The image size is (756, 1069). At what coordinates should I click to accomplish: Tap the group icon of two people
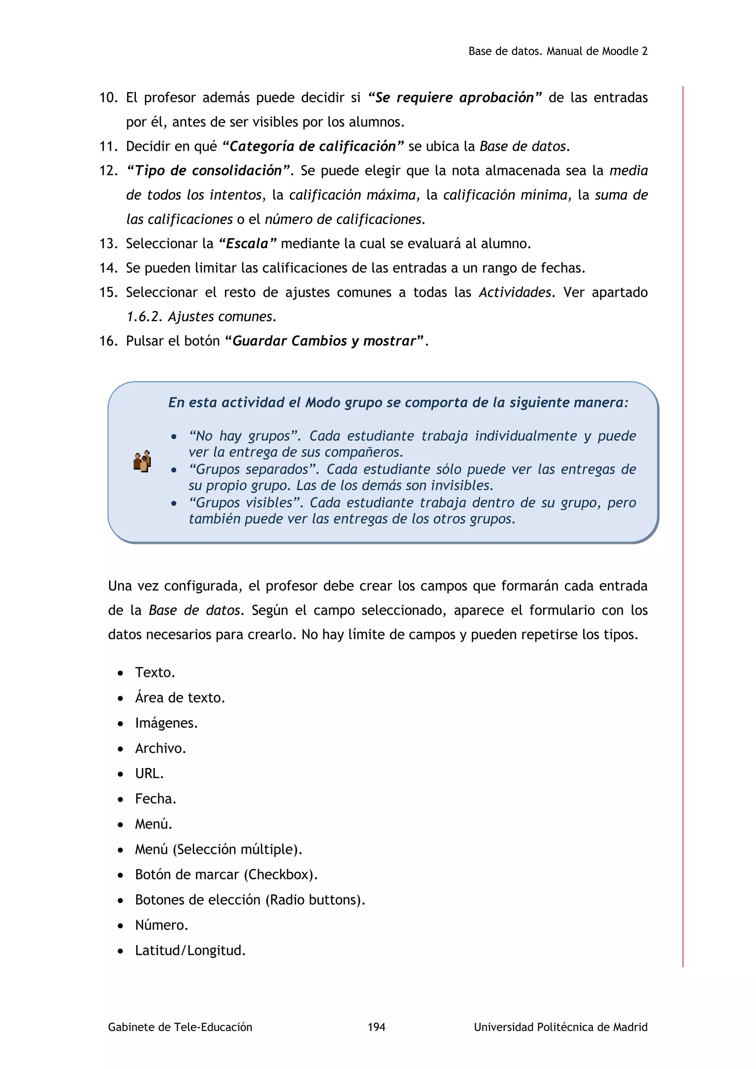click(142, 461)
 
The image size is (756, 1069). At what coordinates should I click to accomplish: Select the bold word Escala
click(247, 244)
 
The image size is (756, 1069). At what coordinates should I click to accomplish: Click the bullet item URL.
click(149, 773)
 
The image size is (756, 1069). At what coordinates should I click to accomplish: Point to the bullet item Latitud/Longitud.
click(190, 950)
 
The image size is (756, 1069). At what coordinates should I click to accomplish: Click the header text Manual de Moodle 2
click(597, 51)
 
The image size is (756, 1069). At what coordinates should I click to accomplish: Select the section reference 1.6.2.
click(144, 317)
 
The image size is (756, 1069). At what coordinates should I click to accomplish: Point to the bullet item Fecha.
click(155, 798)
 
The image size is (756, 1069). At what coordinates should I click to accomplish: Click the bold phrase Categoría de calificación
click(312, 146)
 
